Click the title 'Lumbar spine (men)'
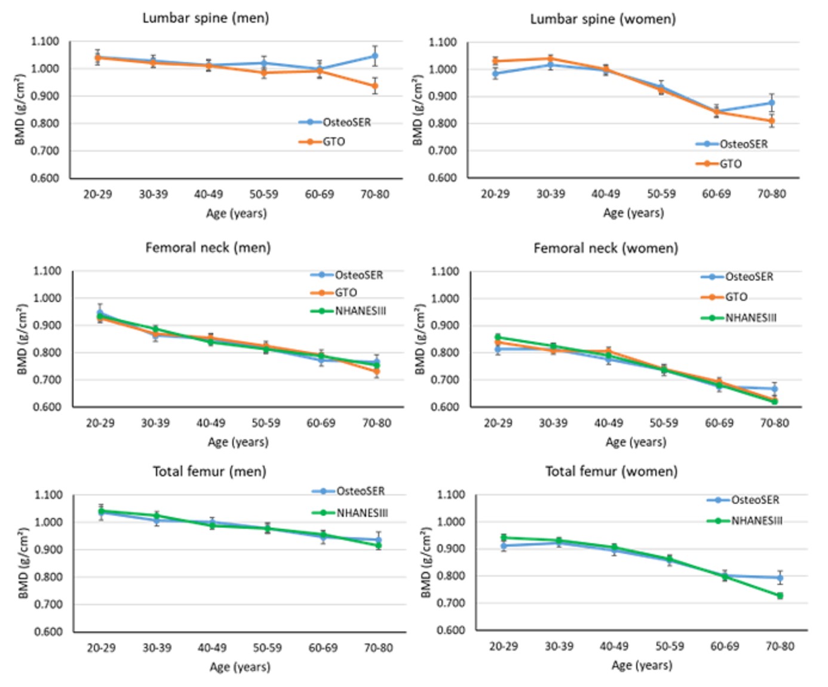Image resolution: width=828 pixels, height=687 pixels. [206, 18]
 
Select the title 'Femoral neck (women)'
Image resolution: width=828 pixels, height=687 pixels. [606, 248]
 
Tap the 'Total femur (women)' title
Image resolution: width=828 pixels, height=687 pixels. [611, 472]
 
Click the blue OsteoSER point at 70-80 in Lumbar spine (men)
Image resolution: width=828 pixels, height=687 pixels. [375, 56]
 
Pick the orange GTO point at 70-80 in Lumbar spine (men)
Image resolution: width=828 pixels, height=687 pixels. [375, 86]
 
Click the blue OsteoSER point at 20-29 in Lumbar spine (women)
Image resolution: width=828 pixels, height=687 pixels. [495, 74]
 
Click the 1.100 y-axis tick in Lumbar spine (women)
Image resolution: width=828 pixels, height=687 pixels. [443, 42]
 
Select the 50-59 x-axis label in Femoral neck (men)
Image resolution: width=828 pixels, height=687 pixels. [266, 423]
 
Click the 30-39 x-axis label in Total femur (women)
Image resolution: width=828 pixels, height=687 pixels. [559, 646]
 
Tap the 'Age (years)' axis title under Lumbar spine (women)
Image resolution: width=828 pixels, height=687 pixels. [633, 213]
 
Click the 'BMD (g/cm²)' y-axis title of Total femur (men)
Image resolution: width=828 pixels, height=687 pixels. [23, 563]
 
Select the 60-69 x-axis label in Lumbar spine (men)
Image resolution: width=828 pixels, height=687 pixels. [320, 194]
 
